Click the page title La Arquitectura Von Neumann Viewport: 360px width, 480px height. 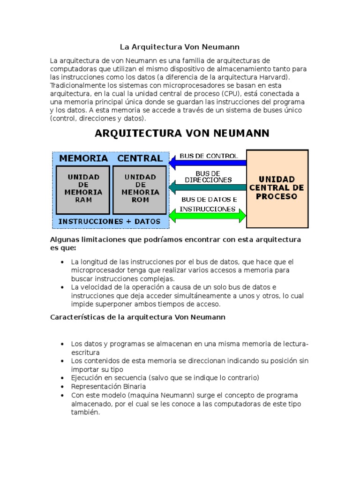[180, 47]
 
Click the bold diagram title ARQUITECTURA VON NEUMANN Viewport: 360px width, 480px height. [182, 134]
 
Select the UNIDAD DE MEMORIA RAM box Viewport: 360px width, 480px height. [83, 188]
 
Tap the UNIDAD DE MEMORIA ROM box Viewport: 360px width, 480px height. [140, 188]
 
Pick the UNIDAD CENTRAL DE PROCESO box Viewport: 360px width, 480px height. [277, 188]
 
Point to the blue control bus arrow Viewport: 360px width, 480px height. [208, 163]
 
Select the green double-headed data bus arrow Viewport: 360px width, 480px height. [208, 216]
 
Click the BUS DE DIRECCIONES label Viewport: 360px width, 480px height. [208, 177]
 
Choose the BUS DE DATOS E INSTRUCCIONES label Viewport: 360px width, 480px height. [209, 204]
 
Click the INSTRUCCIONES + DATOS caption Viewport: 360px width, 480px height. [109, 221]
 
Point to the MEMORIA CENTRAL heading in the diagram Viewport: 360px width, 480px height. [111, 158]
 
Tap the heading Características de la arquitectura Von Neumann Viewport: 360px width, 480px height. [138, 317]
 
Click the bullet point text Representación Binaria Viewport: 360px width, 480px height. [108, 387]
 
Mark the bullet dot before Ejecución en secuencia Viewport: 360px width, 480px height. [62, 378]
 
